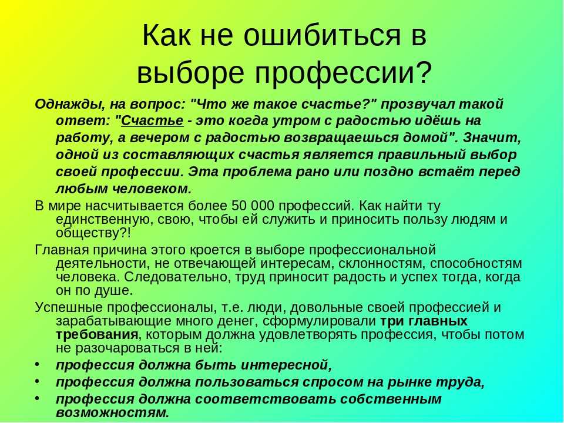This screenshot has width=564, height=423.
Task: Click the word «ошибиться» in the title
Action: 321,35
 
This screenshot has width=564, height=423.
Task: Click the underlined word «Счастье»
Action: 152,121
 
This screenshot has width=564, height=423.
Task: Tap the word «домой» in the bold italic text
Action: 425,137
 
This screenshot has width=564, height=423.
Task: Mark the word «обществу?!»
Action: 93,233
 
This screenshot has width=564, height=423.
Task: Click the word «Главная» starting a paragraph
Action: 62,250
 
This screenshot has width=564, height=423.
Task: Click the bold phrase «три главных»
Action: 424,321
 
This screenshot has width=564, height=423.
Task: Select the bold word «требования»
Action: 97,335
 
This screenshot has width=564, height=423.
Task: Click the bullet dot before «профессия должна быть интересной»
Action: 38,364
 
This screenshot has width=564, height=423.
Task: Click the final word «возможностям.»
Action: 112,413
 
